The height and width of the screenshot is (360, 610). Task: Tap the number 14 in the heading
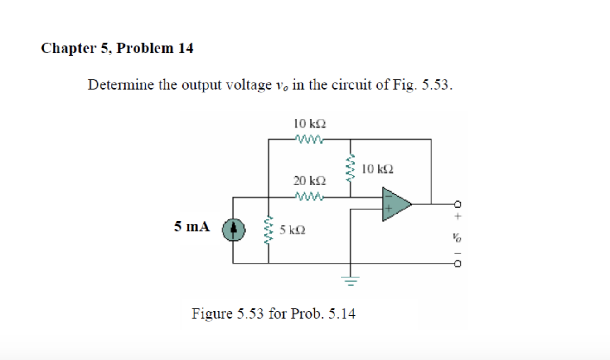coord(185,48)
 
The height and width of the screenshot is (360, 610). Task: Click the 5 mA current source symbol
coord(233,228)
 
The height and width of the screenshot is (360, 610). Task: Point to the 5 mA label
coord(192,226)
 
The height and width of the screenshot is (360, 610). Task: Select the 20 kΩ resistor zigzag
coord(309,197)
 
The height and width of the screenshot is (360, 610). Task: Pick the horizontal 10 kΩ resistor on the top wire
coord(309,139)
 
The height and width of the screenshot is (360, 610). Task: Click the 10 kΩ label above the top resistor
coord(310,123)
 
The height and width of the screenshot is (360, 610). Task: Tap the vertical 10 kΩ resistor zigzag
coord(349,169)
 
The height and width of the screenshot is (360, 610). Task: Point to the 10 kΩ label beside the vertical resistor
coord(378,170)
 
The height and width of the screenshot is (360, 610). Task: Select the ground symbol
coord(349,278)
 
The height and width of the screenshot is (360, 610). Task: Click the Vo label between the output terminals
coord(458,236)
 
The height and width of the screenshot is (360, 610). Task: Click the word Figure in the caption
coord(211,313)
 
